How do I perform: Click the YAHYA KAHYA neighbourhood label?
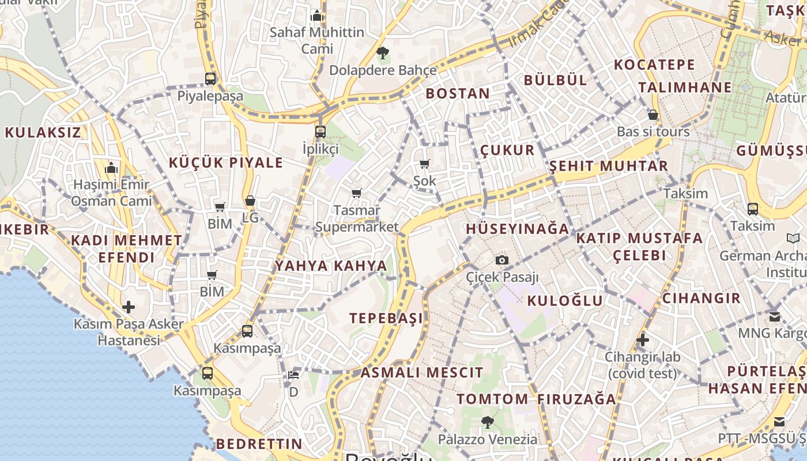[x=331, y=266]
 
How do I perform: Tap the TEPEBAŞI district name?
[x=386, y=318]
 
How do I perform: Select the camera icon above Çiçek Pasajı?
[x=502, y=260]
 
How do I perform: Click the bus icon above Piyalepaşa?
[x=210, y=79]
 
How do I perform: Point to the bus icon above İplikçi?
[x=320, y=132]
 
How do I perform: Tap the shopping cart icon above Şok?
[x=425, y=164]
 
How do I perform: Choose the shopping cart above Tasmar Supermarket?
[x=357, y=193]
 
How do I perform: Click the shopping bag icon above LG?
[x=250, y=201]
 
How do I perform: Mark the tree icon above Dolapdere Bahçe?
[x=382, y=54]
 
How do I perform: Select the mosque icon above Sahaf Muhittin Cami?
[x=317, y=16]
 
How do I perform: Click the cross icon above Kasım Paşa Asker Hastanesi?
[x=129, y=307]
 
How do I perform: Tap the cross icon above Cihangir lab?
[x=643, y=340]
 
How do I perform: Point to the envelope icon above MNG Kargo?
[x=775, y=316]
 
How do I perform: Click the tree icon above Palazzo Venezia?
[x=488, y=422]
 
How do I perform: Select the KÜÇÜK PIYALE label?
[x=226, y=163]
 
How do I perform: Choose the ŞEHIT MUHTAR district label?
[x=609, y=166]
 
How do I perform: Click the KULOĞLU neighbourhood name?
[x=565, y=300]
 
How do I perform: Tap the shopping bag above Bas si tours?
[x=653, y=115]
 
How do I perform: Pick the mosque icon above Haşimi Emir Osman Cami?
[x=111, y=168]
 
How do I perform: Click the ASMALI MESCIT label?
[x=422, y=372]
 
